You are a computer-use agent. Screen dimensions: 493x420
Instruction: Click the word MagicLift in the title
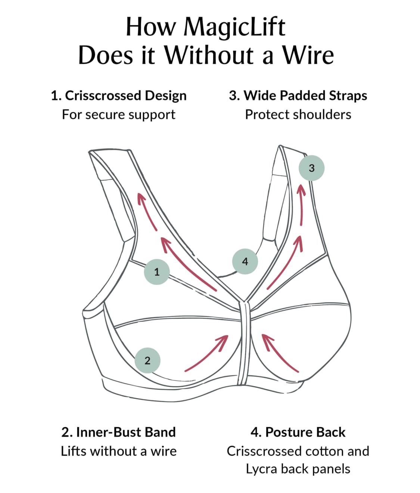(234, 27)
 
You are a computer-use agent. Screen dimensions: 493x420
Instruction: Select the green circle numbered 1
(157, 272)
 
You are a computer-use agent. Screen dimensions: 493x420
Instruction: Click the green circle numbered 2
(147, 360)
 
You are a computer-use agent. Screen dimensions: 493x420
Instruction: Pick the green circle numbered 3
(312, 168)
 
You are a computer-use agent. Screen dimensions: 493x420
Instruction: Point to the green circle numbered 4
(245, 261)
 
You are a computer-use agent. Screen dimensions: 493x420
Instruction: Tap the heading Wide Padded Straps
(305, 96)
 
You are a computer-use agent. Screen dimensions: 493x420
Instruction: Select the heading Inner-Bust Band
(125, 432)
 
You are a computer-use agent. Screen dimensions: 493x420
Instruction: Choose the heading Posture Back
(305, 432)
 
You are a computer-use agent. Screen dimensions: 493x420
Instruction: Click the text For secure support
(119, 114)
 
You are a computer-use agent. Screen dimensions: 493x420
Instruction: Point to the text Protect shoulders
(298, 114)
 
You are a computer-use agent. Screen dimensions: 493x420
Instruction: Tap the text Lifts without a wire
(119, 451)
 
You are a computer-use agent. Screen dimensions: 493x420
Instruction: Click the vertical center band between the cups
(244, 344)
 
